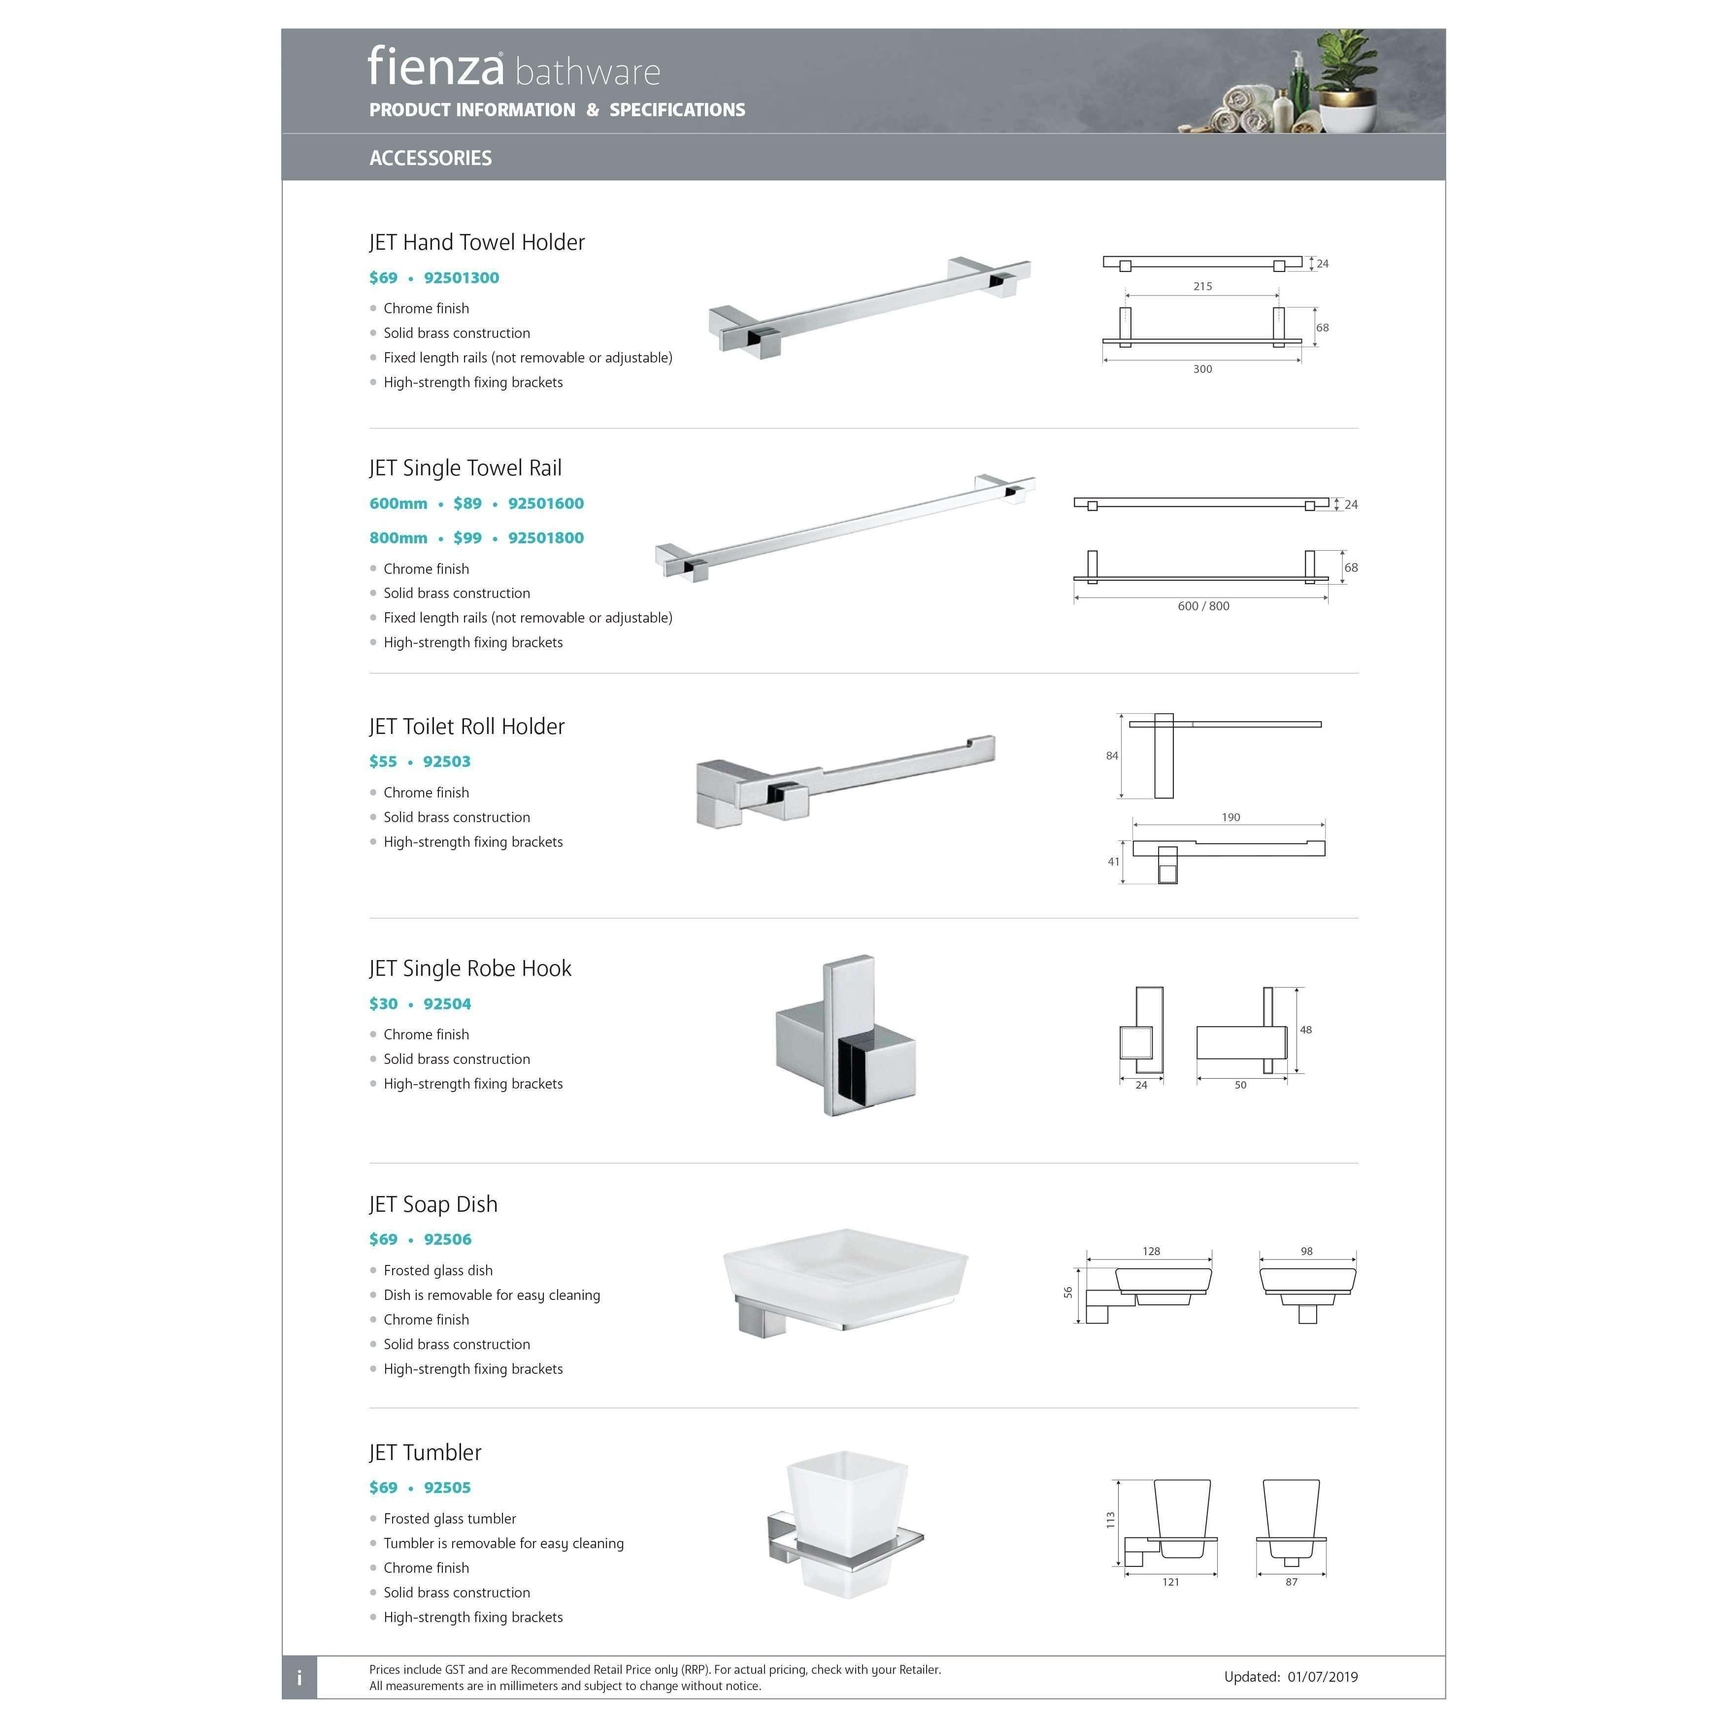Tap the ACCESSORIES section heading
click(x=430, y=158)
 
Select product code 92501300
click(x=462, y=278)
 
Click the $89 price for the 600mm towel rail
click(x=467, y=503)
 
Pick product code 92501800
click(x=546, y=538)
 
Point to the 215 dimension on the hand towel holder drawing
click(x=1202, y=286)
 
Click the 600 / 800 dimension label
click(x=1203, y=606)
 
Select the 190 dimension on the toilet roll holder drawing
click(x=1230, y=818)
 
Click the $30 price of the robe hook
click(x=383, y=1004)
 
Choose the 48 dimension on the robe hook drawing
click(x=1306, y=1030)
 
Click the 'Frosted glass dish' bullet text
click(x=437, y=1271)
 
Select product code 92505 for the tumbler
click(x=447, y=1488)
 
